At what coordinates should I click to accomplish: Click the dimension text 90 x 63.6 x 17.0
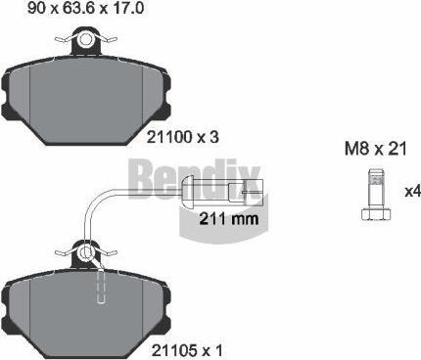click(85, 8)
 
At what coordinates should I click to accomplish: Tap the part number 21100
click(169, 138)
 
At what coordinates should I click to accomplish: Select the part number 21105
click(174, 351)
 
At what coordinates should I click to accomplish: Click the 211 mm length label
click(229, 218)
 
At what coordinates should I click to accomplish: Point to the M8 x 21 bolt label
click(376, 149)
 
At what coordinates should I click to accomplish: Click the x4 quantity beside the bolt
click(412, 192)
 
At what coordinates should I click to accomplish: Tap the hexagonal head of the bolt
click(376, 215)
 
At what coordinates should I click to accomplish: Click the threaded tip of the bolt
click(376, 177)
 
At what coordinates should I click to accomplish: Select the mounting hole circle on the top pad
click(86, 39)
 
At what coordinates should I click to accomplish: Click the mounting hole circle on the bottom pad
click(86, 252)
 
